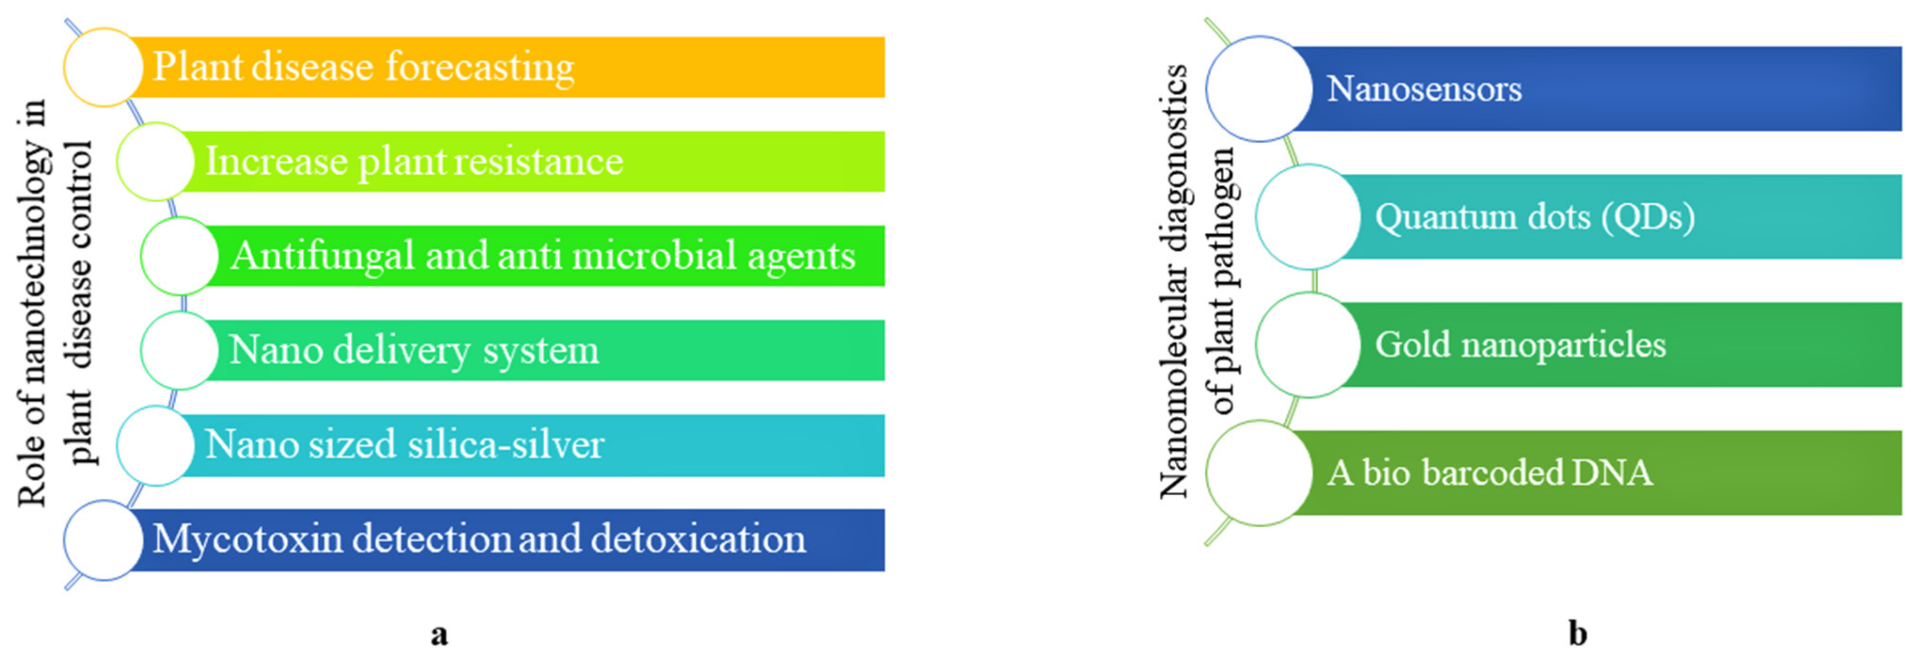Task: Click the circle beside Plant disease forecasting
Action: coord(103,67)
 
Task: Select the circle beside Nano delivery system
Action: coord(179,350)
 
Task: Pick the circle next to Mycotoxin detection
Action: coord(103,540)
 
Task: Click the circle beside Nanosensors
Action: coord(1258,88)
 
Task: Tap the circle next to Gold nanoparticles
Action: coord(1308,344)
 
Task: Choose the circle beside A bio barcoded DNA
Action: coord(1258,473)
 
